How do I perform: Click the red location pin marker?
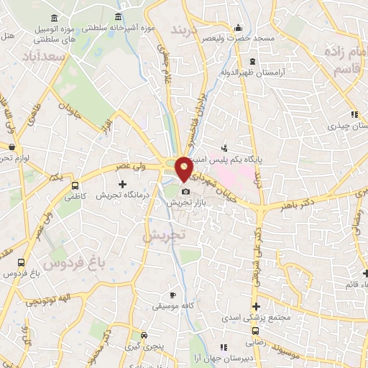185,167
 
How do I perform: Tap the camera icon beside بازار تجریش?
186,191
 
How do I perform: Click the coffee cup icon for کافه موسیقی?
172,295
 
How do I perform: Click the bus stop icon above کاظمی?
75,185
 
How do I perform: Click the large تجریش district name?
163,235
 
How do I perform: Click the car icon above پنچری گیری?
144,336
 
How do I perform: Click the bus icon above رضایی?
256,331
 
